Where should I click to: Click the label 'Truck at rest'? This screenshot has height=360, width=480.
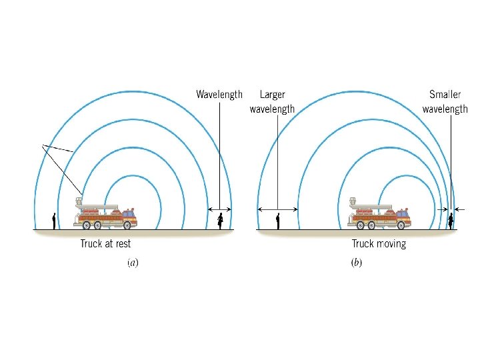(x=105, y=243)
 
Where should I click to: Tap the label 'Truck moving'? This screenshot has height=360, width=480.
(x=379, y=243)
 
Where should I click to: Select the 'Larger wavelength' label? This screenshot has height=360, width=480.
(x=272, y=102)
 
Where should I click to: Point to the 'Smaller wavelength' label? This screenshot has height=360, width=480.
(x=445, y=102)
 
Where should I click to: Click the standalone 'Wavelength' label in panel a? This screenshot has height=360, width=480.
(x=219, y=95)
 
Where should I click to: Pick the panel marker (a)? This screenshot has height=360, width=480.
(x=133, y=263)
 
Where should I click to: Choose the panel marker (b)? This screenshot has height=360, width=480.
(x=357, y=263)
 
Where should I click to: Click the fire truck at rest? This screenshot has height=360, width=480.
(x=107, y=215)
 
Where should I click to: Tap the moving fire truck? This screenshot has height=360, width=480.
(x=379, y=215)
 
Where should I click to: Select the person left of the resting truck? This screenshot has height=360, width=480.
(x=54, y=220)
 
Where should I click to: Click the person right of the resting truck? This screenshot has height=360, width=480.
(x=220, y=220)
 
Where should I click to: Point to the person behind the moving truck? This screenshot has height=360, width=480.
(x=278, y=220)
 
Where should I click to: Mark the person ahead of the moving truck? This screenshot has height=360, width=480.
(x=451, y=220)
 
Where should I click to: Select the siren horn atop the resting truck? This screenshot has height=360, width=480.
(x=79, y=200)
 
